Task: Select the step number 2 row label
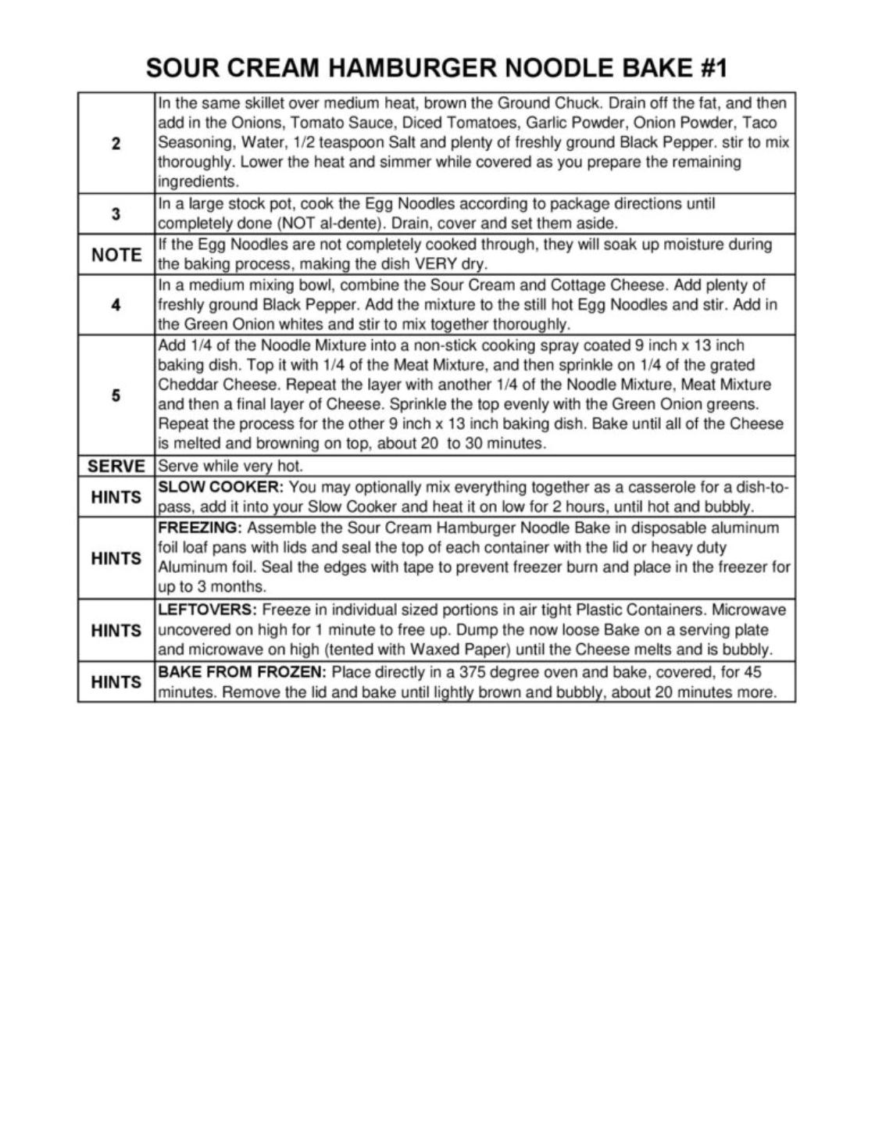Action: (x=116, y=143)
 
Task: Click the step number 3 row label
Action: (x=116, y=213)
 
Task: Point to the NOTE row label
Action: (x=116, y=255)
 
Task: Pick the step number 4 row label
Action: (x=116, y=305)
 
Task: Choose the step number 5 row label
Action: (x=116, y=395)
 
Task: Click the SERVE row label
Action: (x=116, y=467)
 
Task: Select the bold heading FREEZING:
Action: (x=200, y=528)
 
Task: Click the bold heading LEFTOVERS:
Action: (x=207, y=610)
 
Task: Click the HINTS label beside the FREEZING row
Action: (x=116, y=558)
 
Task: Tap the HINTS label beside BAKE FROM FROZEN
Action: (x=116, y=682)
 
